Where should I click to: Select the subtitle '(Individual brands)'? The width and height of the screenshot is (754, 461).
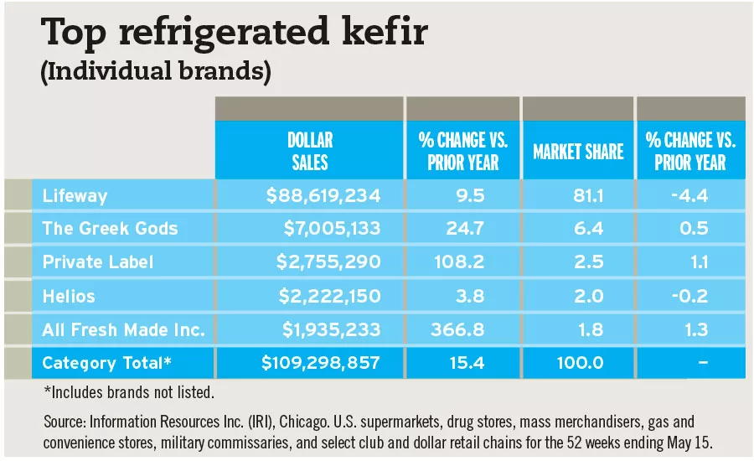tap(156, 72)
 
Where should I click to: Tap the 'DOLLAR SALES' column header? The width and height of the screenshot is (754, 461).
tap(310, 151)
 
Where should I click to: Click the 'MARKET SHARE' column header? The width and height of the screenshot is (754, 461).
tap(578, 152)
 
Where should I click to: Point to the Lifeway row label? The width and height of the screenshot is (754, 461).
tap(74, 196)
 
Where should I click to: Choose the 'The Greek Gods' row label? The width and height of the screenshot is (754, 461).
tap(110, 229)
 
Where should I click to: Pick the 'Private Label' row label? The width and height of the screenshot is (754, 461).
tap(98, 262)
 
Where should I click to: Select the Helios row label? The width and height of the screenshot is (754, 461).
tap(69, 296)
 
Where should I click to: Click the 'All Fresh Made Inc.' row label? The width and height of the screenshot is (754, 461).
tap(123, 329)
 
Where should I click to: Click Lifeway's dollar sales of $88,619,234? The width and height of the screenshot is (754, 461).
tap(323, 196)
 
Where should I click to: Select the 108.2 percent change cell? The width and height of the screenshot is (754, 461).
tap(462, 262)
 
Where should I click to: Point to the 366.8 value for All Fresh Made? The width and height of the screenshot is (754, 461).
tap(461, 329)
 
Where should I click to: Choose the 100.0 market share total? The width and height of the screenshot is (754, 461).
tap(578, 363)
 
